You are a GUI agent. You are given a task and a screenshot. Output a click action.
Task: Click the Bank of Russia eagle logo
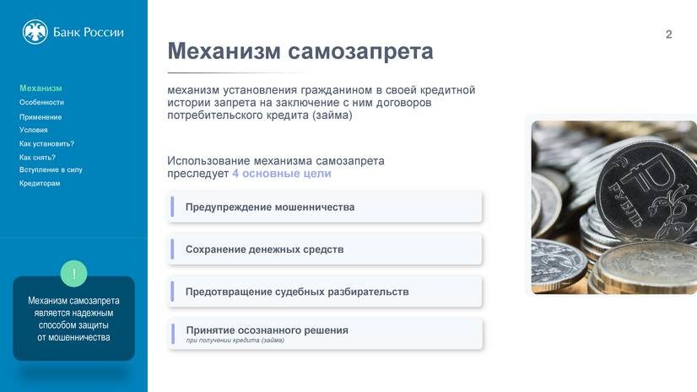click(35, 32)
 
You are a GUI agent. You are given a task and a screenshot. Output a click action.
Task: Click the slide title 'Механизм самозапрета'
click(300, 51)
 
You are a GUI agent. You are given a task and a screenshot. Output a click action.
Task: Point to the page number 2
click(668, 35)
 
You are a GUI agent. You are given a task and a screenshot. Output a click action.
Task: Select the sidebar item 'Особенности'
click(41, 102)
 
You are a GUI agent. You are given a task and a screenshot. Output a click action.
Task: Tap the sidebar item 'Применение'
click(41, 117)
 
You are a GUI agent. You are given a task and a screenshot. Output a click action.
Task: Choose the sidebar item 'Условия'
click(34, 131)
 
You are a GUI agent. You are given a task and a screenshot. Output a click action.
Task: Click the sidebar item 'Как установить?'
click(46, 144)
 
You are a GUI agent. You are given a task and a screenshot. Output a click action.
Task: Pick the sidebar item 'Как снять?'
click(37, 158)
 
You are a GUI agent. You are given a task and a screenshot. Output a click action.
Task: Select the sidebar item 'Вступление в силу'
click(51, 169)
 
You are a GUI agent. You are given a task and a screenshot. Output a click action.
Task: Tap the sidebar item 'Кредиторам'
click(40, 183)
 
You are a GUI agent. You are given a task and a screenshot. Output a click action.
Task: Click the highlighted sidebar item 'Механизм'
click(41, 89)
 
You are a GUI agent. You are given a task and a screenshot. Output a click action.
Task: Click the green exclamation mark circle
click(74, 273)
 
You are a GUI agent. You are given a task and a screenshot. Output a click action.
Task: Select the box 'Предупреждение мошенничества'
click(325, 207)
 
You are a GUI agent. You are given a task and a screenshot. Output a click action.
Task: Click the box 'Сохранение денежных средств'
click(325, 250)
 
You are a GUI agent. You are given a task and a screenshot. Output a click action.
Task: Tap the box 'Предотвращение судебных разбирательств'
click(325, 292)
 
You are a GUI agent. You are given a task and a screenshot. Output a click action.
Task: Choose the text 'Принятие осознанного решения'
click(267, 330)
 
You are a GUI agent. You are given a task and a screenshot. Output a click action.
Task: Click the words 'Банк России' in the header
click(88, 32)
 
